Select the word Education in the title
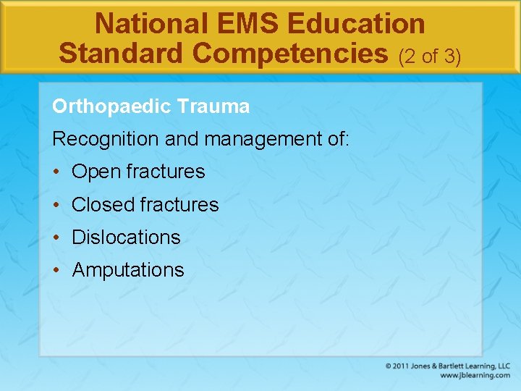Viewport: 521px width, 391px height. coord(356,24)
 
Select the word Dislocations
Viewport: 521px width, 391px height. coord(126,237)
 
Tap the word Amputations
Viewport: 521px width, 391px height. coord(128,270)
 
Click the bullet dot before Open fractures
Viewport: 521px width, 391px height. coord(56,172)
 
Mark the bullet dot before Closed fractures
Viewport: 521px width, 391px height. coord(56,205)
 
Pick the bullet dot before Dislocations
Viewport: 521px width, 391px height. coord(56,237)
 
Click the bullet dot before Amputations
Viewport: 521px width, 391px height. coord(56,270)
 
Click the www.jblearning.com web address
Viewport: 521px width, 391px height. coord(475,375)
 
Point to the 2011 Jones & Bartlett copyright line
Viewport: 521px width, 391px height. coord(448,366)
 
